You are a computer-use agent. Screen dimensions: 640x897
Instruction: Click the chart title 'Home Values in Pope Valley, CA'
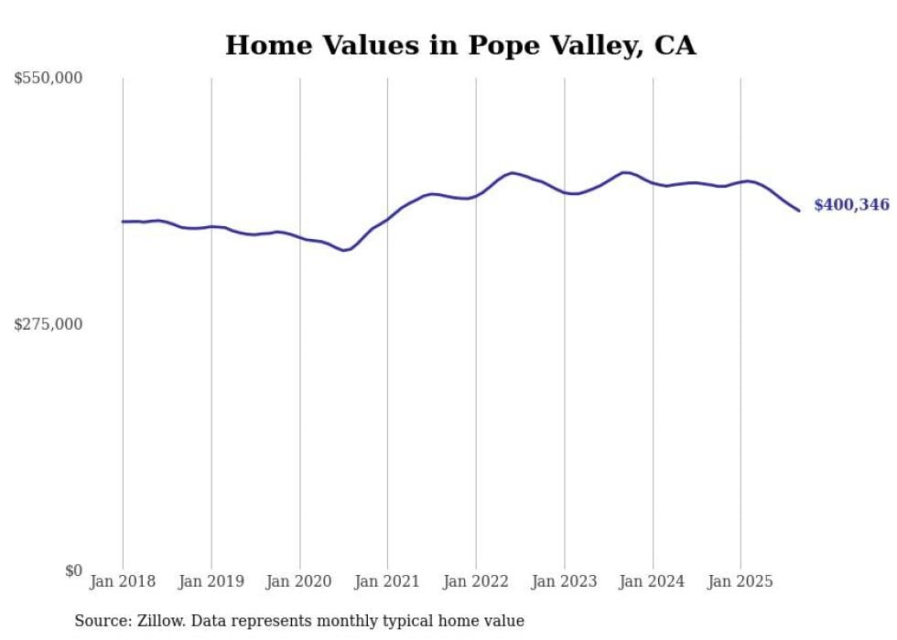(x=460, y=46)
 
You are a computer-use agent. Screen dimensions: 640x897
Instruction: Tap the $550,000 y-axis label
(x=49, y=79)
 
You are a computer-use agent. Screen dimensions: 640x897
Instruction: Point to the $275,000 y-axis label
(x=49, y=324)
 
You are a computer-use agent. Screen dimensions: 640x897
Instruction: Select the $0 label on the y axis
(x=73, y=570)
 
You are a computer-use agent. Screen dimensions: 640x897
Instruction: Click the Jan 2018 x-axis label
(x=123, y=581)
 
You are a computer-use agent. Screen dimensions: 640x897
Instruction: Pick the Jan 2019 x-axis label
(x=211, y=581)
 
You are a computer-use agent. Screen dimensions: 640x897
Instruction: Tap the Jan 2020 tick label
(x=299, y=581)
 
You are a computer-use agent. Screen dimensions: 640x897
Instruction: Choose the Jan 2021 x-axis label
(x=387, y=581)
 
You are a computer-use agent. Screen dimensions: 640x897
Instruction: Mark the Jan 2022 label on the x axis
(x=476, y=581)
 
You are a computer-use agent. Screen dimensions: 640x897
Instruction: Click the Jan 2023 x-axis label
(x=564, y=581)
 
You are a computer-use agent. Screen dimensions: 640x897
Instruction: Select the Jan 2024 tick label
(x=653, y=581)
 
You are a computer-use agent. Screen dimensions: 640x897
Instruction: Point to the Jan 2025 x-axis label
(x=740, y=581)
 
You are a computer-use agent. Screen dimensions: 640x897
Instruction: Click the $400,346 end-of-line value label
(x=851, y=205)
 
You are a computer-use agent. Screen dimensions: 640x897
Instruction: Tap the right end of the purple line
(x=799, y=211)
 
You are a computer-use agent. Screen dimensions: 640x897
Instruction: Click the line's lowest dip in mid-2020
(x=344, y=250)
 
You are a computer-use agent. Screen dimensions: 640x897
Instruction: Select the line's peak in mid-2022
(x=513, y=172)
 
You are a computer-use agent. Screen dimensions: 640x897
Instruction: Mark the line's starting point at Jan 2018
(x=123, y=222)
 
